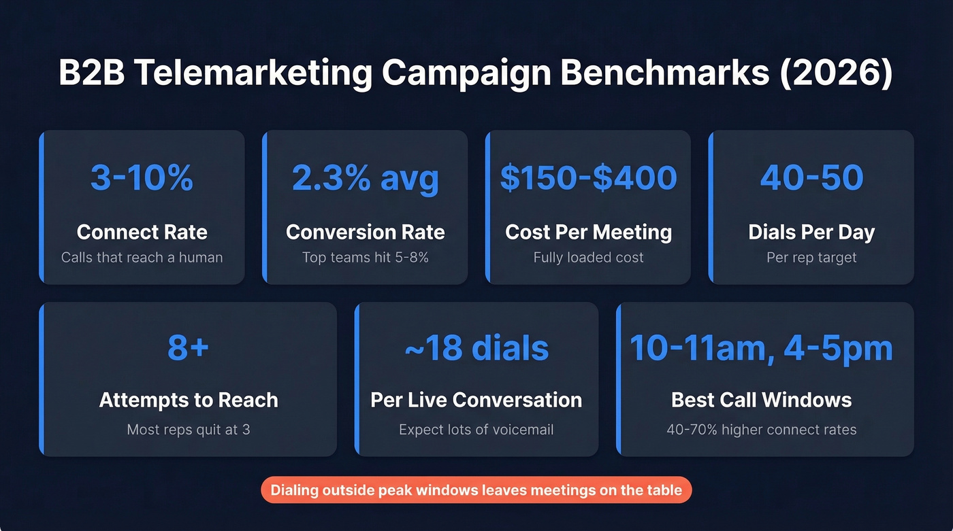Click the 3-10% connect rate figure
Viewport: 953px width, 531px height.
[142, 178]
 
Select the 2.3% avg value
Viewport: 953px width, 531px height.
[366, 178]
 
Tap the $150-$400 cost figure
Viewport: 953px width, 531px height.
[588, 178]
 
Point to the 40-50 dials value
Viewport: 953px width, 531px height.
[811, 178]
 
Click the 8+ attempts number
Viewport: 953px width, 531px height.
[189, 348]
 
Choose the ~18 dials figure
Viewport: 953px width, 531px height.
[476, 348]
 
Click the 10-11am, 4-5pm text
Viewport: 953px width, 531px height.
[761, 348]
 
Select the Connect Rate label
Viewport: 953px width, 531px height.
[142, 232]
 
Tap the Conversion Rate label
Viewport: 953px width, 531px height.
[366, 232]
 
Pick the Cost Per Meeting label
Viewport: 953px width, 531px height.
[588, 232]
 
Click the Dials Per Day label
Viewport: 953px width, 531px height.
[811, 232]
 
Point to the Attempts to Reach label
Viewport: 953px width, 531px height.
[189, 400]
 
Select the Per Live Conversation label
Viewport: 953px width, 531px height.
[476, 400]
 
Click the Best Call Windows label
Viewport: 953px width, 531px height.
[761, 400]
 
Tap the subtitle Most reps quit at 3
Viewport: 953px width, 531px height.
[189, 430]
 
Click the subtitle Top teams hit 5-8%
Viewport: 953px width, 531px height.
[366, 258]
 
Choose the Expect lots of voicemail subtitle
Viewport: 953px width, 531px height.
[476, 430]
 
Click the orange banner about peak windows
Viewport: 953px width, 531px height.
[476, 490]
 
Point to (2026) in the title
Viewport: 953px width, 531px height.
[837, 73]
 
